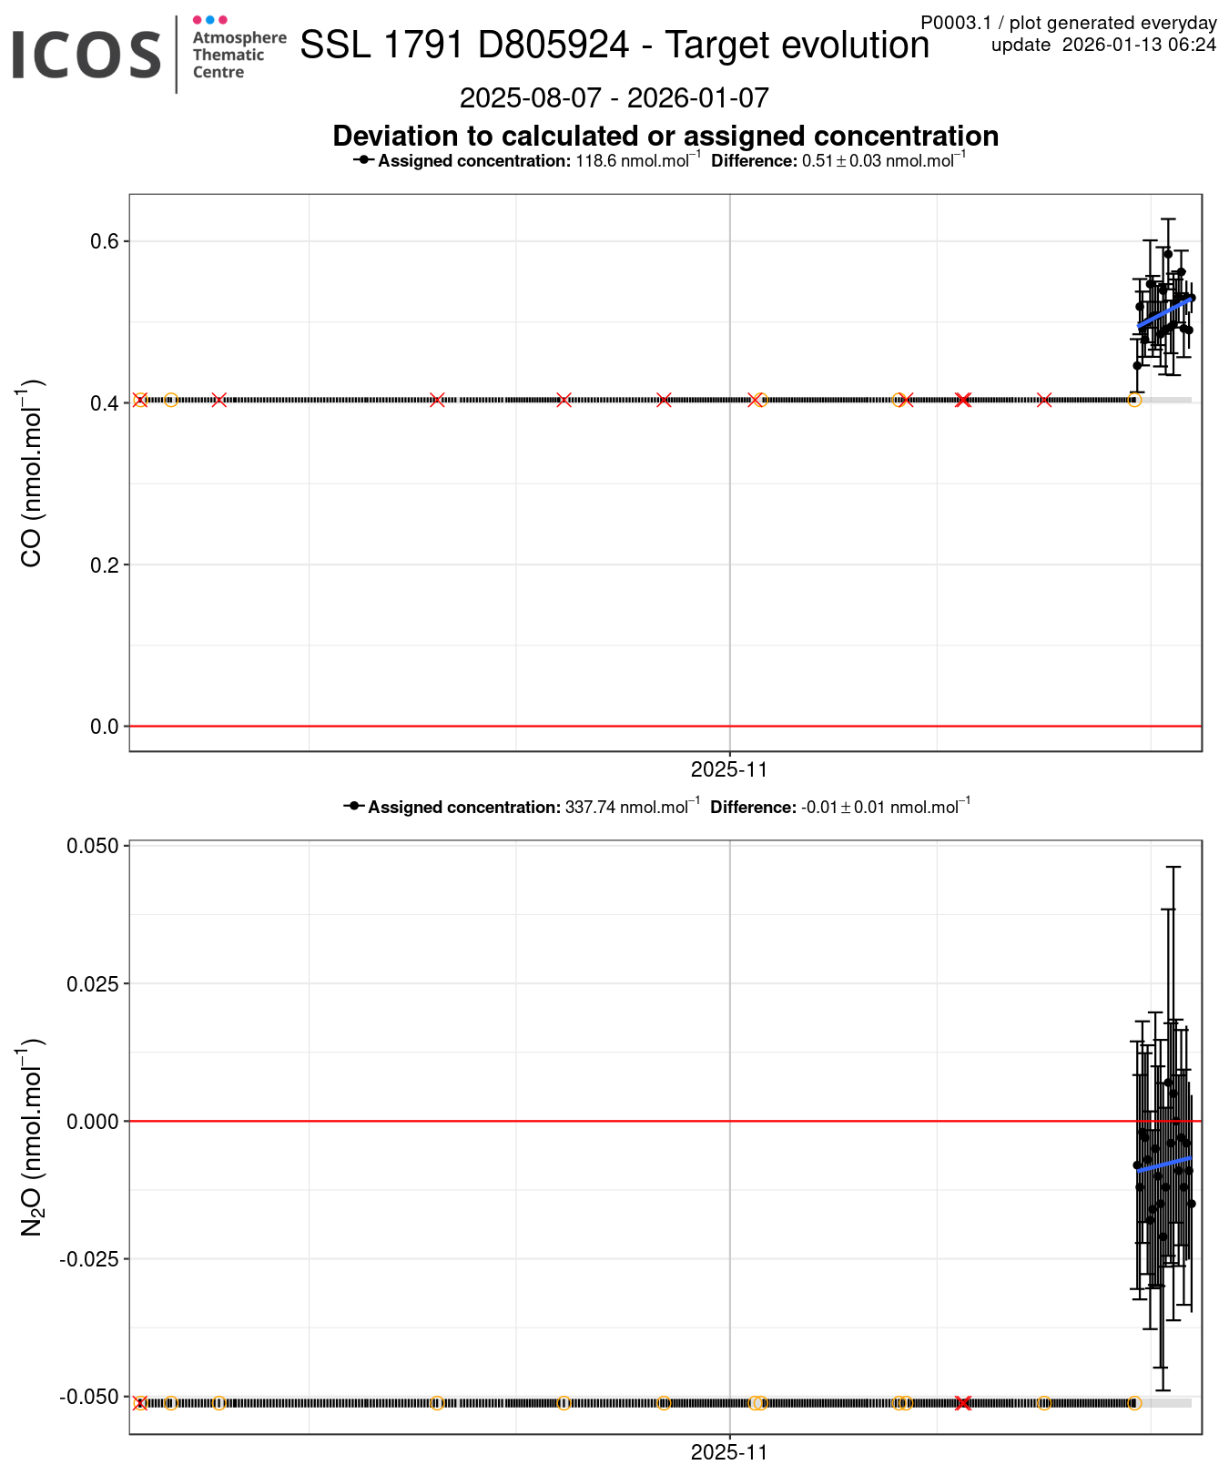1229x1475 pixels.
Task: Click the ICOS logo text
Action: coord(86,55)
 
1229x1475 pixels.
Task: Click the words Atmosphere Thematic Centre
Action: coord(239,55)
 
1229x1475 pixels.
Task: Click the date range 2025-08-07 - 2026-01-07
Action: coord(614,97)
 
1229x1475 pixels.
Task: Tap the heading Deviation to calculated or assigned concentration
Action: coord(665,136)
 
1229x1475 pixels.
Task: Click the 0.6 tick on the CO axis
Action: coord(105,241)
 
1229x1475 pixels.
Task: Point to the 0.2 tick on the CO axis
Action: coord(105,565)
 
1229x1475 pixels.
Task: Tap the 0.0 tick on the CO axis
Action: coord(105,727)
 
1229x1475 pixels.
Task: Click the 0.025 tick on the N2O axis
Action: coord(93,983)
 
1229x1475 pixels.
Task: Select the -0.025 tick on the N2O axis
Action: coord(90,1259)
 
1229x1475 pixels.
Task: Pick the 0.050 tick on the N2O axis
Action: coord(93,846)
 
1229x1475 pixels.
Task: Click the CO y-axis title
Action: coord(31,473)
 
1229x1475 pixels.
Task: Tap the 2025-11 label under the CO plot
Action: coord(729,770)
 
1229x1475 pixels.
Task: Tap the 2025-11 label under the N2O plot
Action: coord(729,1452)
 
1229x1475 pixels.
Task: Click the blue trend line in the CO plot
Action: coord(1163,312)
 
